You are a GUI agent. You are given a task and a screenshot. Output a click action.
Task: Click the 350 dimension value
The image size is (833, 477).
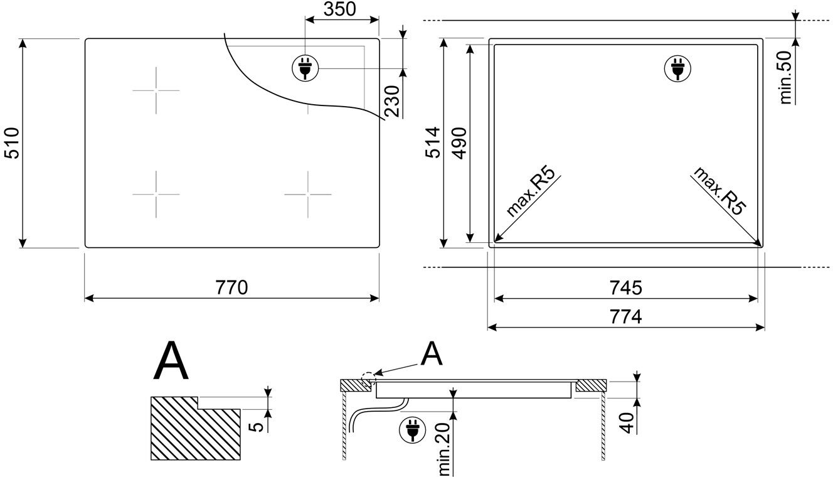coord(339,9)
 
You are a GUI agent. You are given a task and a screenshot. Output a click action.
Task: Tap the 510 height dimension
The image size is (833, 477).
coord(13,143)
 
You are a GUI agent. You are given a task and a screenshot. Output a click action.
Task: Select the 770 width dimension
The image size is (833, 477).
coord(231,287)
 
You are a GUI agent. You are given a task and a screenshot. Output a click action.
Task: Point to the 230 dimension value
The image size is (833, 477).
coord(392,101)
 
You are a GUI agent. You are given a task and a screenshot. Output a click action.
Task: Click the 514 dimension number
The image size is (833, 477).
coord(433,143)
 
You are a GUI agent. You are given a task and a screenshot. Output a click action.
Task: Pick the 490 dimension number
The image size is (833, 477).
coord(459,143)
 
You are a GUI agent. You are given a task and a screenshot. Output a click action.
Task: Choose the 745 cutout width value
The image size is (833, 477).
coord(626,287)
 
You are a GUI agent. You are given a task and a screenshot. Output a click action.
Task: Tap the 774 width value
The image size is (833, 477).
coord(626,317)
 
